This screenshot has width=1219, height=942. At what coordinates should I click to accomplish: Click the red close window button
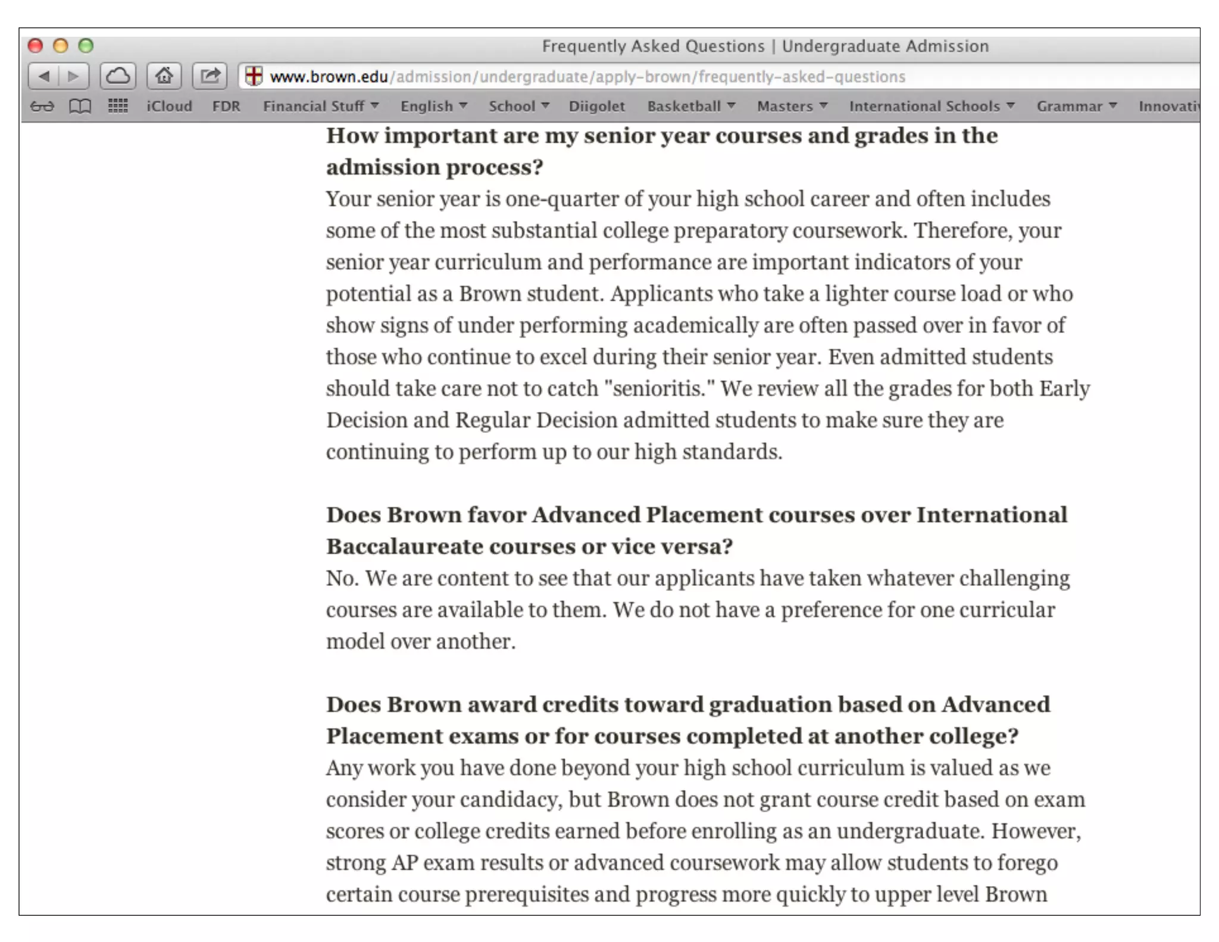pos(36,46)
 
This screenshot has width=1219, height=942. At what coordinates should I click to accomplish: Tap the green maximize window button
pos(86,46)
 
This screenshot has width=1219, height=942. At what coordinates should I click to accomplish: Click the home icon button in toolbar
pos(164,76)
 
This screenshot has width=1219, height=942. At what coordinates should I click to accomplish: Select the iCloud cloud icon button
pos(118,76)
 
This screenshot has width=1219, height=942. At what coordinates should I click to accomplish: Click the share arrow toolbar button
pos(210,76)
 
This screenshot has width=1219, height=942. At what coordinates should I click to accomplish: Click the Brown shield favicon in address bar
pos(254,76)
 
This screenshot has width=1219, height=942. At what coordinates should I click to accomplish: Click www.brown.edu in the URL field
pos(329,77)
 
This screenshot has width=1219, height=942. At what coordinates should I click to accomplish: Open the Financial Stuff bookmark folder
pos(320,107)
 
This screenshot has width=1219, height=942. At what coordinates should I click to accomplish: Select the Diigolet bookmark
pos(596,107)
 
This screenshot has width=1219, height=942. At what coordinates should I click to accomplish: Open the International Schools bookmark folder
pos(931,107)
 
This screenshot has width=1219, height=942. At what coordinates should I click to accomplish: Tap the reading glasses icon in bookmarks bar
pos(42,107)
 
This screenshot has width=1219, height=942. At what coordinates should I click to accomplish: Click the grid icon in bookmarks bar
pos(118,107)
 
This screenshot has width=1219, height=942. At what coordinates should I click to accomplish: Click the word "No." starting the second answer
pos(342,578)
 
